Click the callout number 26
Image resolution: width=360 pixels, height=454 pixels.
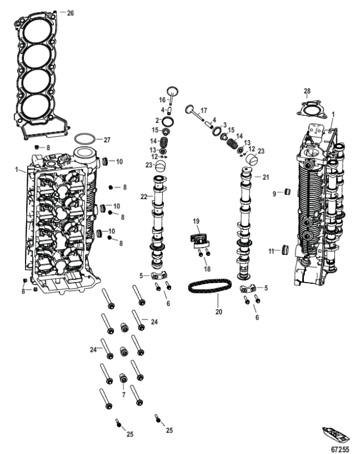[x=70, y=12]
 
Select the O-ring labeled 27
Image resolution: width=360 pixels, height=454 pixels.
[x=83, y=139]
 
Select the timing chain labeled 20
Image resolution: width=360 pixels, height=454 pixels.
[x=210, y=287]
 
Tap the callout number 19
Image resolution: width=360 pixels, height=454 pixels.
[x=196, y=221]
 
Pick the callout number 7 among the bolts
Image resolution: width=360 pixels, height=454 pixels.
[x=123, y=393]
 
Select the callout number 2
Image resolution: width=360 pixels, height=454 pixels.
[x=157, y=120]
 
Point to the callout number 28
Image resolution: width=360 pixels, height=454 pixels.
[x=307, y=91]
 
